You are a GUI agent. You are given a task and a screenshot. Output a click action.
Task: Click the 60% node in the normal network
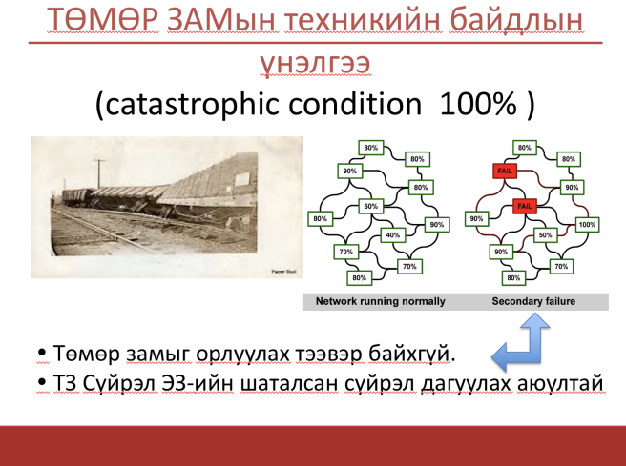click(x=371, y=206)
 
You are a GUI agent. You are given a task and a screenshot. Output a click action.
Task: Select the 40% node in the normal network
click(x=393, y=234)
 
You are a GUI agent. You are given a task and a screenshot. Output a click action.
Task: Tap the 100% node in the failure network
click(x=587, y=225)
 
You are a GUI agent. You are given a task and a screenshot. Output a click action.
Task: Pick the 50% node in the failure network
click(x=545, y=234)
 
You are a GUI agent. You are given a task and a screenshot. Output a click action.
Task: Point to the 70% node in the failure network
click(x=561, y=266)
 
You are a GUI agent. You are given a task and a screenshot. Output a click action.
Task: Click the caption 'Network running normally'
click(x=380, y=301)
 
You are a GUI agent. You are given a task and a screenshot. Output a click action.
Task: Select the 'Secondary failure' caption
click(x=533, y=301)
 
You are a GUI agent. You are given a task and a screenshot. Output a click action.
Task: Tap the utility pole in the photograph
click(x=98, y=173)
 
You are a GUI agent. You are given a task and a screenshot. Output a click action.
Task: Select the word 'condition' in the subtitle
click(x=355, y=104)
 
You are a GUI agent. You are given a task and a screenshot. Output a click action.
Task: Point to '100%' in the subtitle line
click(x=478, y=104)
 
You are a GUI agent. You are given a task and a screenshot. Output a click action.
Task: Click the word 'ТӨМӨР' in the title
click(x=103, y=19)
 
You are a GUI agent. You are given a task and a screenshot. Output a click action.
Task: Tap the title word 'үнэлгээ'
click(x=316, y=63)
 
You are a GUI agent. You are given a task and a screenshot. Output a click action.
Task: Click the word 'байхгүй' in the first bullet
click(x=411, y=354)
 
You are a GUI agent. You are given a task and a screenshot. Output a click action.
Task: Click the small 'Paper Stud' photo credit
click(x=283, y=272)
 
